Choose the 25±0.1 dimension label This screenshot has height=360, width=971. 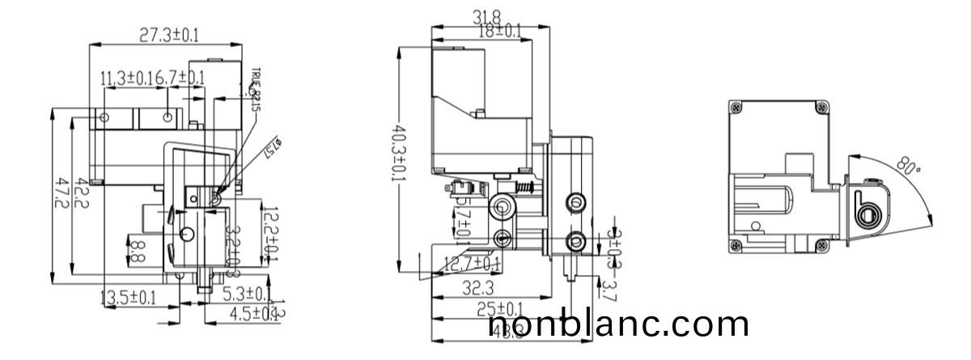pyautogui.click(x=499, y=308)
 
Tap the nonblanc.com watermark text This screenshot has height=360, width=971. pyautogui.click(x=619, y=325)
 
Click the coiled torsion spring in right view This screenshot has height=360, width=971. pyautogui.click(x=867, y=214)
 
